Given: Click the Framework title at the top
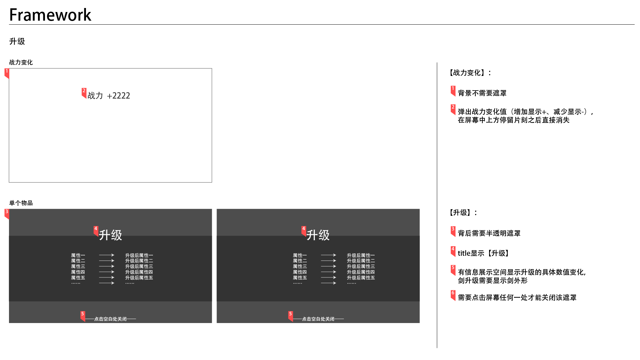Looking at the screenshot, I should coord(50,15).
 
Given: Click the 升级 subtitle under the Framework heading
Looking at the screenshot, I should coord(17,42).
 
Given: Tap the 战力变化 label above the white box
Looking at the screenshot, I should coord(21,63).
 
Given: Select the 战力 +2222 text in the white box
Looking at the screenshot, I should coord(109,96).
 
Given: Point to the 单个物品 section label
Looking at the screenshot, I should coord(21,203).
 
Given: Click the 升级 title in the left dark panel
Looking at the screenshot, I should coord(111,235).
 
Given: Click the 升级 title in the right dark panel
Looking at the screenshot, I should coord(318,235).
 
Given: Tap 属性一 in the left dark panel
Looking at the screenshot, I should coord(78,255).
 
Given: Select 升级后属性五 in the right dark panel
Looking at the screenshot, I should coord(361,278).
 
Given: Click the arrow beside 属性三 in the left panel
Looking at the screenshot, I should coord(107,266).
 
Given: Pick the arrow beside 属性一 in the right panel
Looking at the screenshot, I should coord(328,255).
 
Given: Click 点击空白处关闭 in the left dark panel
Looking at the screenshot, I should coord(110,319).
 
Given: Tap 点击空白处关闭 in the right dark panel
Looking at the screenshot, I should coord(318,319).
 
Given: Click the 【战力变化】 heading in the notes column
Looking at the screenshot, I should coord(470,73).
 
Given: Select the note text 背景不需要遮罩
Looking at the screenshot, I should coord(482,93).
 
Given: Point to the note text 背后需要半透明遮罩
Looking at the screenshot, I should coord(489,233).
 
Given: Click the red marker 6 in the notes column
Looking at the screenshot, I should coord(453,294).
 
